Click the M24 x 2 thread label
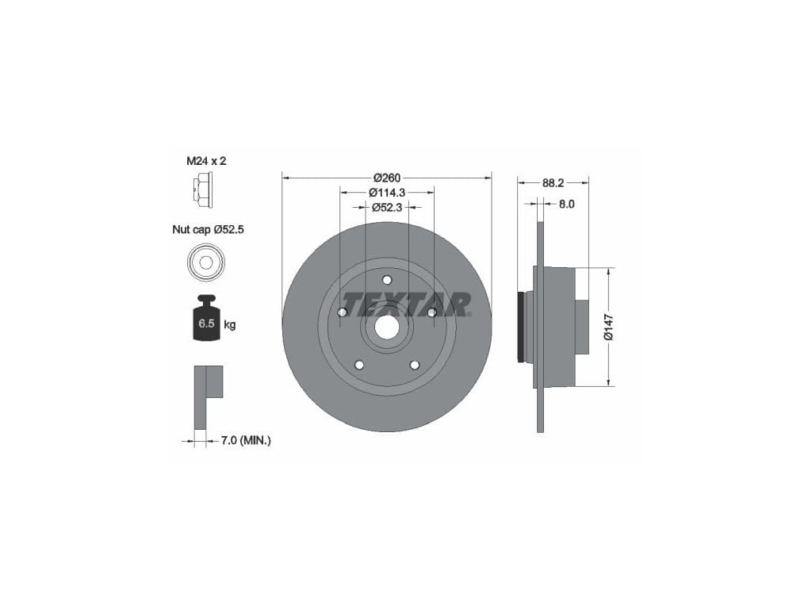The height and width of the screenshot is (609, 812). click(206, 161)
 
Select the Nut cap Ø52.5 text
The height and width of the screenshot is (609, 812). click(208, 229)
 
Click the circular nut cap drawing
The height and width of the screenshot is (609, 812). click(205, 262)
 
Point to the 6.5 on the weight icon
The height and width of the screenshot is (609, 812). click(207, 324)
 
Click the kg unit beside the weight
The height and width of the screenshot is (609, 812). click(230, 324)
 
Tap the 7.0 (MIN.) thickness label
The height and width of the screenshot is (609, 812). click(246, 441)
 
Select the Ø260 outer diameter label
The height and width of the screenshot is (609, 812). click(387, 178)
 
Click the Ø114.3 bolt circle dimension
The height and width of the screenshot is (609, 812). click(387, 193)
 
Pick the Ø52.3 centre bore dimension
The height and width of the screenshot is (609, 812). click(387, 208)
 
